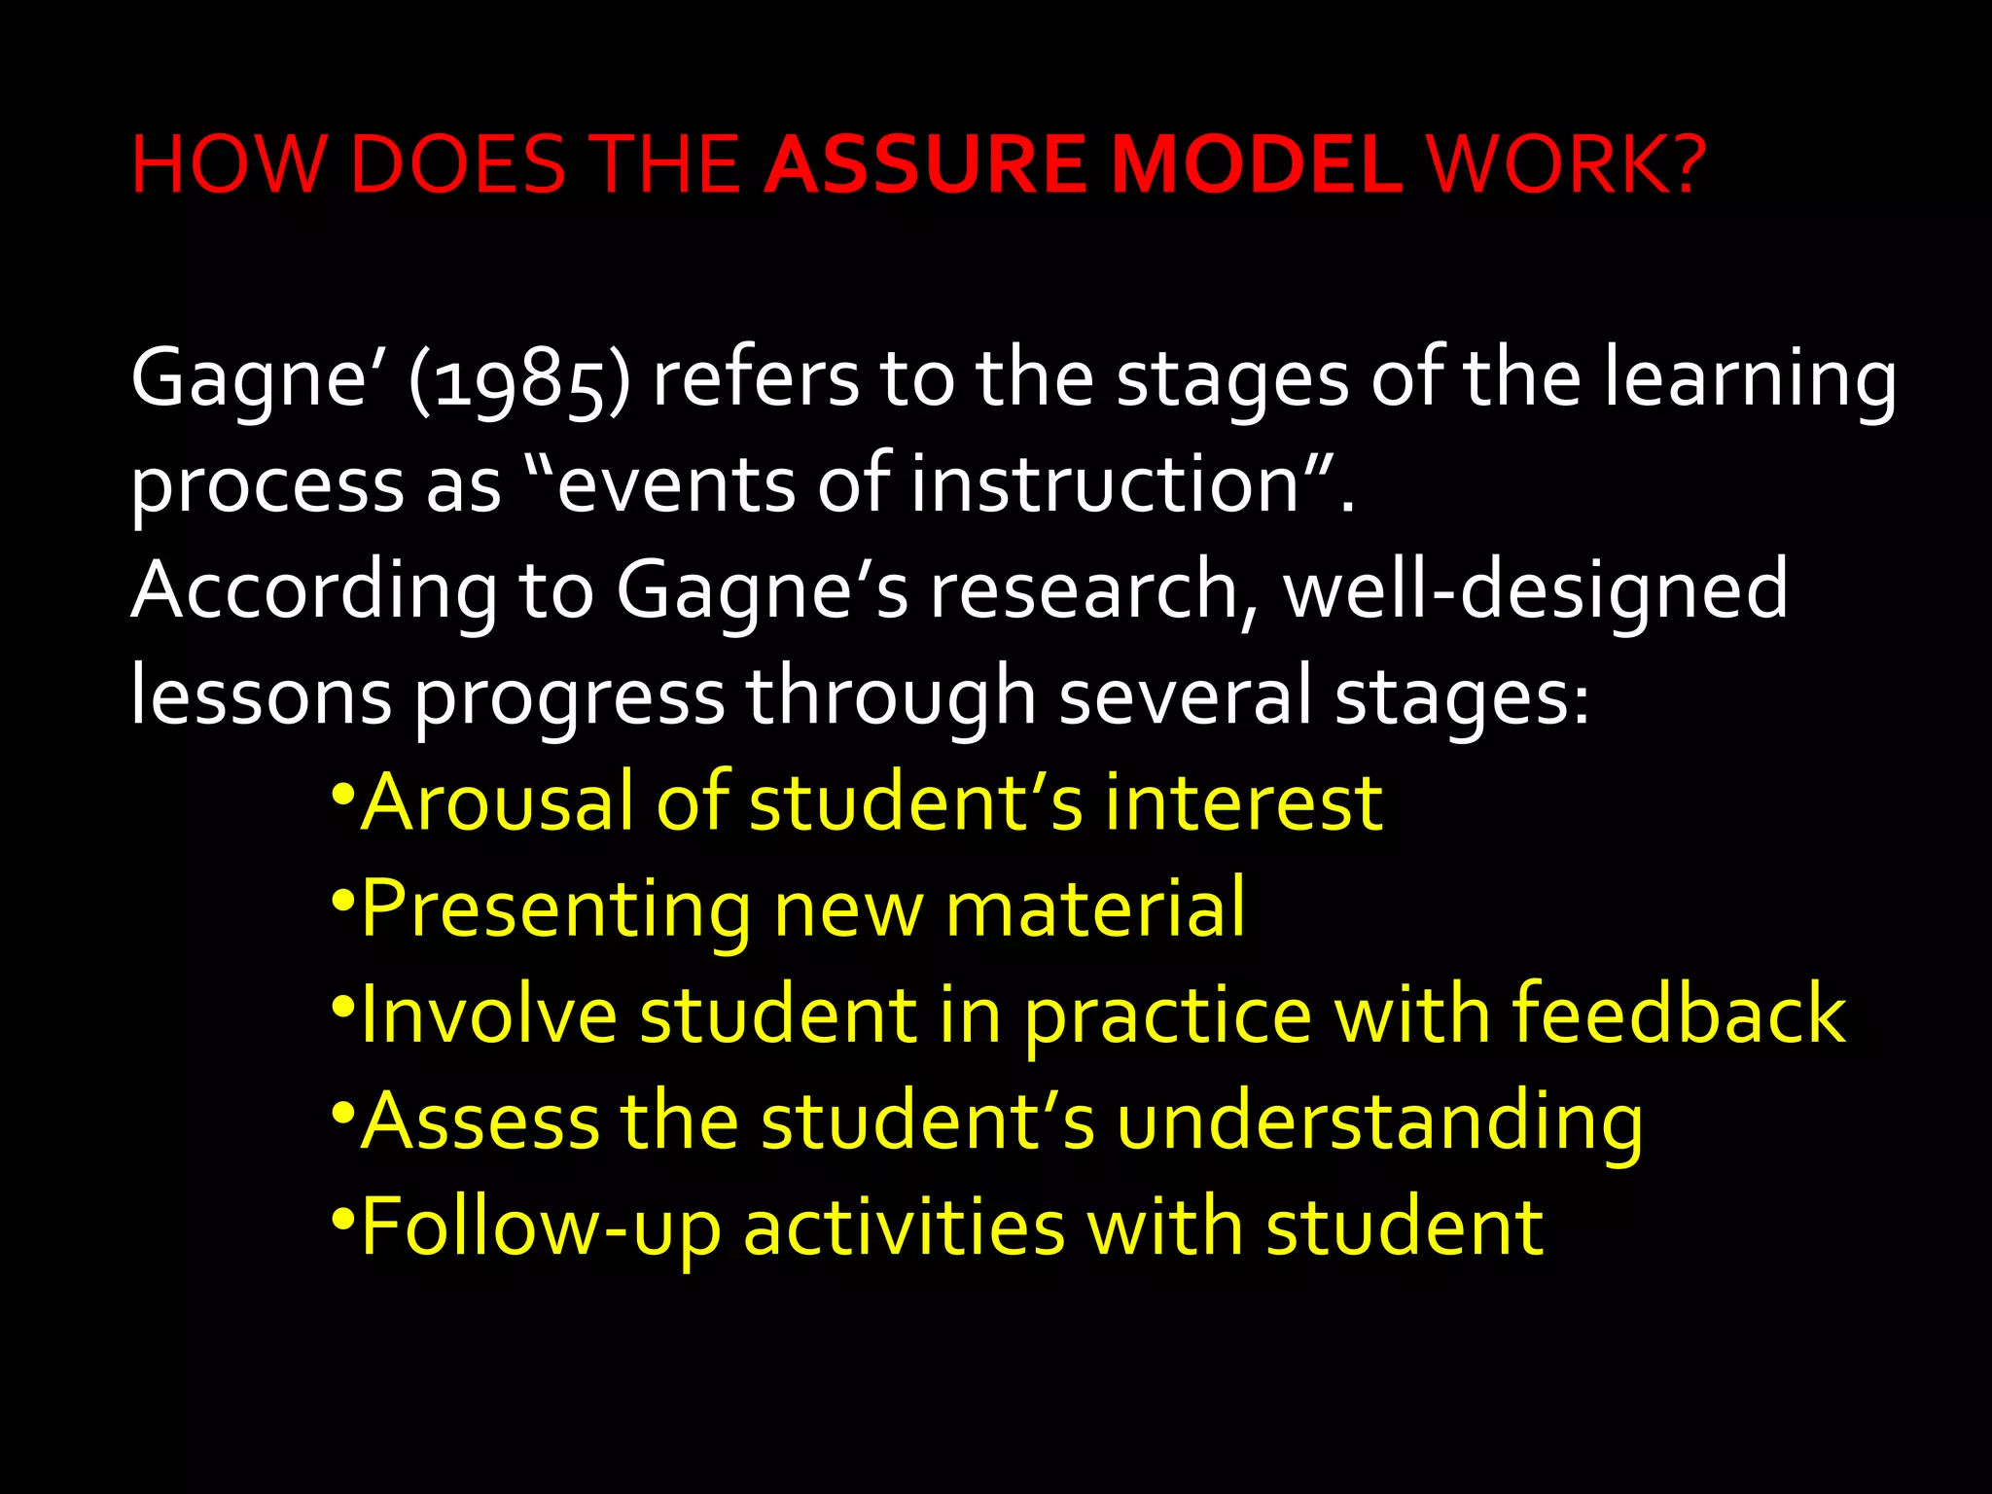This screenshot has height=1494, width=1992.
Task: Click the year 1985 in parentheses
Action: click(520, 379)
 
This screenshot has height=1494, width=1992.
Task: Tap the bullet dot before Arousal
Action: click(341, 792)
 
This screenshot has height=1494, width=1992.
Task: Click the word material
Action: click(1095, 908)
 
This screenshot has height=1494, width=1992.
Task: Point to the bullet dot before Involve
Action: click(341, 1004)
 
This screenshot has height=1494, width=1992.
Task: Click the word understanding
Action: click(1378, 1121)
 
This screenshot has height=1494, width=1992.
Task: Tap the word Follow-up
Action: click(541, 1228)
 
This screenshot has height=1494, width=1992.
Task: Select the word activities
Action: click(904, 1228)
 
